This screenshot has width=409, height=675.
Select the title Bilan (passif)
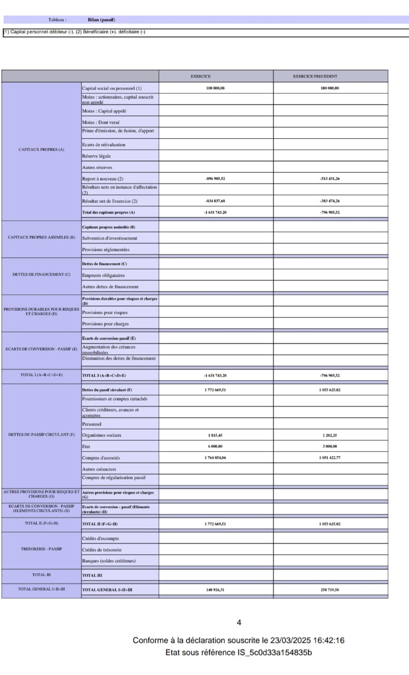[x=102, y=20]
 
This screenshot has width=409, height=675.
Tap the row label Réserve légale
[x=97, y=156]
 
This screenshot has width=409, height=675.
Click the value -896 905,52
[x=215, y=179]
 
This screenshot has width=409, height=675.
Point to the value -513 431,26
[x=330, y=179]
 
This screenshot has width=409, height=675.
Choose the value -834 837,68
[x=215, y=201]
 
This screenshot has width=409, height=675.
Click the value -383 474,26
[x=330, y=201]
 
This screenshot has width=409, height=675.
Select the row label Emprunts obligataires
[x=103, y=275]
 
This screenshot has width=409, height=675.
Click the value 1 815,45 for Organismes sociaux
[x=215, y=436]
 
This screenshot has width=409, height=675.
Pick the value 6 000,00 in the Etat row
[x=215, y=446]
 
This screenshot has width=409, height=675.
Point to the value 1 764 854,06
[x=215, y=458]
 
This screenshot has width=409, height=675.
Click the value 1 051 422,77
[x=330, y=458]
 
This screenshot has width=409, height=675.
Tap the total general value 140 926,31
[x=215, y=590]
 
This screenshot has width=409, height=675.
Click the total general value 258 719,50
[x=330, y=590]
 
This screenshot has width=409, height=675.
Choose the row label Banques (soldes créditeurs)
[x=109, y=561]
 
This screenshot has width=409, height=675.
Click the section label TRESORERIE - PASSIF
[x=41, y=549]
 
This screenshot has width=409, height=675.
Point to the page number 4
[x=239, y=623]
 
